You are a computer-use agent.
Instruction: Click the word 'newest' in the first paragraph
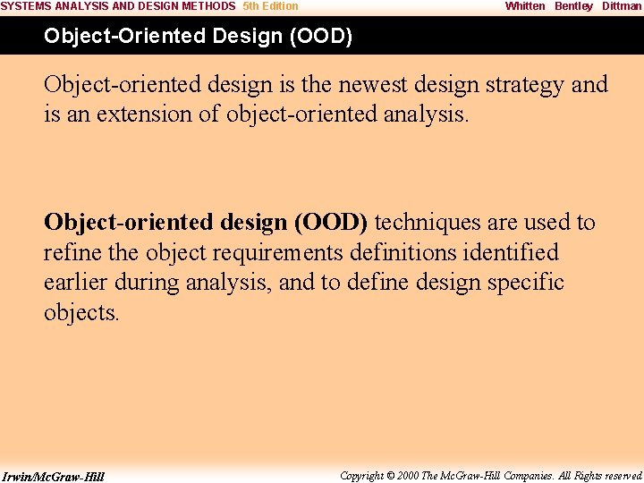click(x=372, y=85)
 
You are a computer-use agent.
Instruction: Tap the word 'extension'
click(x=144, y=114)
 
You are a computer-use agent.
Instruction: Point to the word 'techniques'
click(x=428, y=224)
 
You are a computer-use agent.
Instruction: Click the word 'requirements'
click(x=277, y=253)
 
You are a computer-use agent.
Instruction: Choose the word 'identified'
click(x=511, y=251)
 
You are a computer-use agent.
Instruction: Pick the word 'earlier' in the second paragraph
click(x=75, y=282)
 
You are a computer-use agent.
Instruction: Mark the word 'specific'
click(x=525, y=283)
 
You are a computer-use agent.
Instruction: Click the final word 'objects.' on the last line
click(x=81, y=313)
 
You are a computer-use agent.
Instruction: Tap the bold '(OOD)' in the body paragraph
click(x=331, y=223)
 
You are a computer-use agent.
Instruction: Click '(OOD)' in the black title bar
click(x=321, y=36)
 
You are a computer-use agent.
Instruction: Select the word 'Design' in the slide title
click(x=248, y=37)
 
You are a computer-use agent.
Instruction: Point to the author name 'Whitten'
click(x=525, y=6)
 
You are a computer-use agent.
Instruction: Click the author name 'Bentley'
click(x=573, y=6)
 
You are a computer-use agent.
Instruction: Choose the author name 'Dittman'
click(x=622, y=6)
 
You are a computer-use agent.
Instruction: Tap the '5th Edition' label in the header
click(x=270, y=6)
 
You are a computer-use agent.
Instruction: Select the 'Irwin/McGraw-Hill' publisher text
click(x=53, y=477)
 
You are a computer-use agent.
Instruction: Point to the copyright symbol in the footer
click(x=390, y=476)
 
